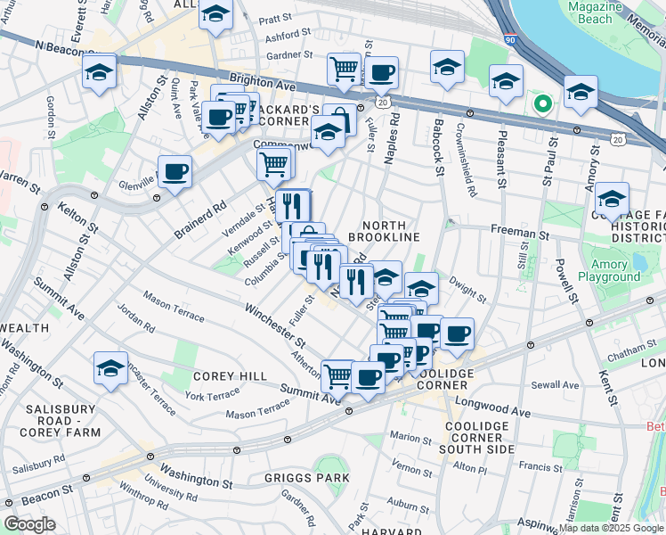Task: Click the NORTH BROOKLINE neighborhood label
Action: coord(384,232)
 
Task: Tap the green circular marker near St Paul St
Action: coord(542,105)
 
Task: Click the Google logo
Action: coord(29,523)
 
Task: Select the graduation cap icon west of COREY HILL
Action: coord(110,367)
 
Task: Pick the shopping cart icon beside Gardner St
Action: coord(343,68)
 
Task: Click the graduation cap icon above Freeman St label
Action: coord(612,198)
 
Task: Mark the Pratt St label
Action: coord(275,18)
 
